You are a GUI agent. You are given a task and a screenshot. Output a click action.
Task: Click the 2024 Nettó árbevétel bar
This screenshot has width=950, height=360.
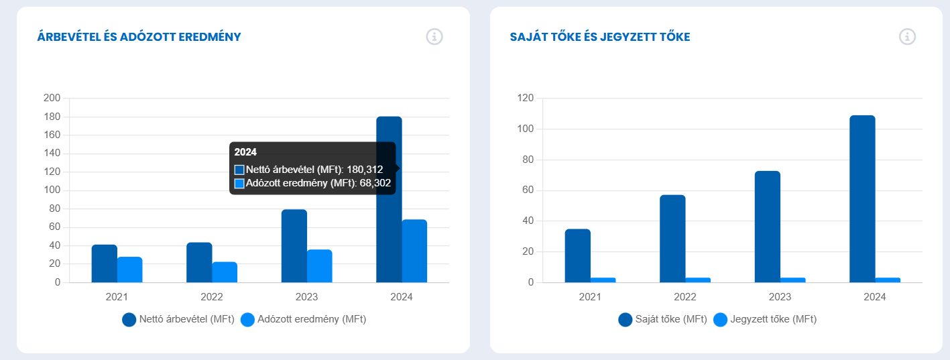(389, 228)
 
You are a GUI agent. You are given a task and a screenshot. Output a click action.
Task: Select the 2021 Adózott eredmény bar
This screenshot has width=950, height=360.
(130, 269)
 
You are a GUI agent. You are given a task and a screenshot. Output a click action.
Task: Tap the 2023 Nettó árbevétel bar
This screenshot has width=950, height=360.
(294, 246)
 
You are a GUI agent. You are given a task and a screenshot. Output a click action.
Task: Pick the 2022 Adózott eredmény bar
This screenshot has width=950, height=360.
(225, 272)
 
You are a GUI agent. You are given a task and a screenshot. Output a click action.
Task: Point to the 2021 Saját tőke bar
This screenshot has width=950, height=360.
(577, 256)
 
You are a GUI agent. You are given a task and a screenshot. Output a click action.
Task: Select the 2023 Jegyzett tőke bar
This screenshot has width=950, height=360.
(793, 280)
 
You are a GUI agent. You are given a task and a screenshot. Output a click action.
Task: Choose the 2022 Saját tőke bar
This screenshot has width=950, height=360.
(672, 239)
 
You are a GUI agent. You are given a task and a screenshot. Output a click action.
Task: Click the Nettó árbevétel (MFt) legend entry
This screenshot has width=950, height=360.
(178, 320)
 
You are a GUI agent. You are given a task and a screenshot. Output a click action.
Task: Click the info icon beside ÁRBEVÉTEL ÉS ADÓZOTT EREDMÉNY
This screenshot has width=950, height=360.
(434, 37)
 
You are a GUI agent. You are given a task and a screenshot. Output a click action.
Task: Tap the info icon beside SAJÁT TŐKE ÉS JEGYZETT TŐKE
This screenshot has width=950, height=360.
(907, 37)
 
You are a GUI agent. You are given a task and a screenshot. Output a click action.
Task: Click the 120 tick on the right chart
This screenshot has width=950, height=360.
(526, 99)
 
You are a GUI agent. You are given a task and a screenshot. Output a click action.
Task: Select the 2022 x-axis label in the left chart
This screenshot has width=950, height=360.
(212, 297)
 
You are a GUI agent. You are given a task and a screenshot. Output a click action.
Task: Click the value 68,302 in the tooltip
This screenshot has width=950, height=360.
(375, 183)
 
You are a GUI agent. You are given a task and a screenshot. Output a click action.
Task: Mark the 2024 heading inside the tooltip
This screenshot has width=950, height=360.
(245, 152)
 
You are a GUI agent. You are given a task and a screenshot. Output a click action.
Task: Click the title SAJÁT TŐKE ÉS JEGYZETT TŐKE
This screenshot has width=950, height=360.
(599, 37)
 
